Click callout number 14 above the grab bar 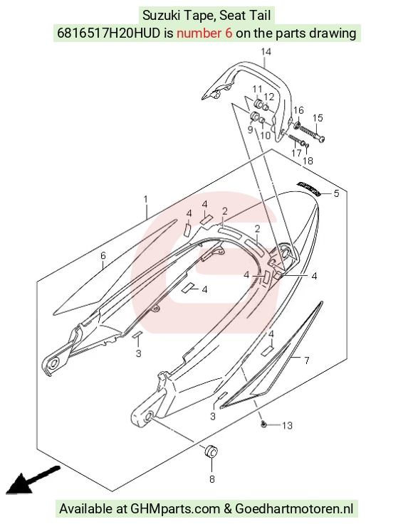(266, 52)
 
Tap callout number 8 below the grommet (212, 479)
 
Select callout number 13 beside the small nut (287, 425)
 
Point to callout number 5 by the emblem (336, 193)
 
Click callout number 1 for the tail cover (145, 199)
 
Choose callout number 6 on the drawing (103, 256)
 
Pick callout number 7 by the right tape (307, 360)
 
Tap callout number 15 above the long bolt (318, 118)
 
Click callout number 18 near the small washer (308, 161)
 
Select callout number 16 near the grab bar (298, 110)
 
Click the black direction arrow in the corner (33, 480)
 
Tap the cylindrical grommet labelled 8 (211, 451)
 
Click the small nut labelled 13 (263, 424)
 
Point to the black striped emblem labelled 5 (308, 188)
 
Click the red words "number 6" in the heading (204, 33)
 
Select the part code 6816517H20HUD (108, 33)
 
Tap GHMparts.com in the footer (174, 508)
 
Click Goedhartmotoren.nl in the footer (294, 508)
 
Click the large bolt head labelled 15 (321, 139)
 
